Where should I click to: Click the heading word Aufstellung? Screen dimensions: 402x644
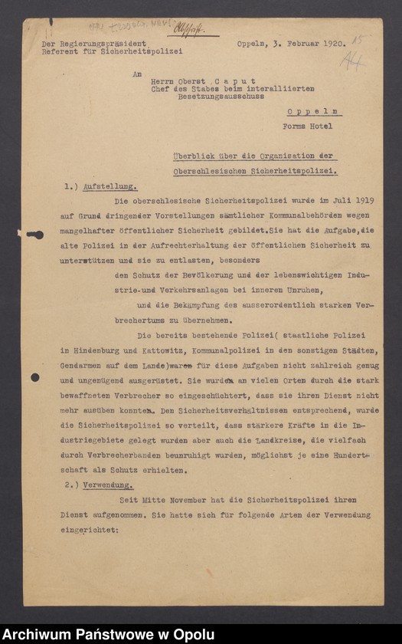click(113, 186)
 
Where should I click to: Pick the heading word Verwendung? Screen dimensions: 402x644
click(111, 485)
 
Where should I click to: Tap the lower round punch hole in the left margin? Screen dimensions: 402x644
click(34, 377)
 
